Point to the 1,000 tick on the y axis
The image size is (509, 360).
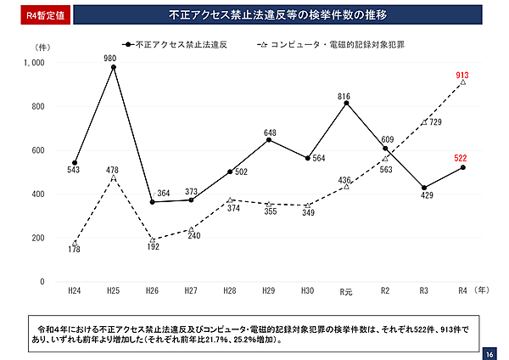pos(36,63)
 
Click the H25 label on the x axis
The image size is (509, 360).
pos(113,291)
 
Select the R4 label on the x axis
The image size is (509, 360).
pos(462,291)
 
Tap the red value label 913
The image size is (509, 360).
pos(462,76)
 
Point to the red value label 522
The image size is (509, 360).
pos(461,158)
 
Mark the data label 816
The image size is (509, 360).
pos(344,97)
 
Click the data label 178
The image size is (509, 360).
pos(75,250)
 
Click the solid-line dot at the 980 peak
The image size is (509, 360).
pos(113,67)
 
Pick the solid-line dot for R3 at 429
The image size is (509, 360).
pos(423,188)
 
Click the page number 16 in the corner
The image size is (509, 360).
pos(490,352)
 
